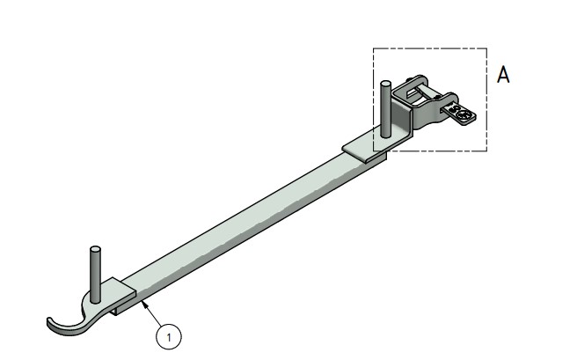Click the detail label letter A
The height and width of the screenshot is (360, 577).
pyautogui.click(x=504, y=75)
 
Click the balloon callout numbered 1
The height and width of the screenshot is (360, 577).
pyautogui.click(x=167, y=334)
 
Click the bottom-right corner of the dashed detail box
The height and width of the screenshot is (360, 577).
pyautogui.click(x=486, y=151)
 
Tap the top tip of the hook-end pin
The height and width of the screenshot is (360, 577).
pyautogui.click(x=94, y=251)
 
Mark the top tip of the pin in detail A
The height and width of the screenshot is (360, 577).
pyautogui.click(x=385, y=83)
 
